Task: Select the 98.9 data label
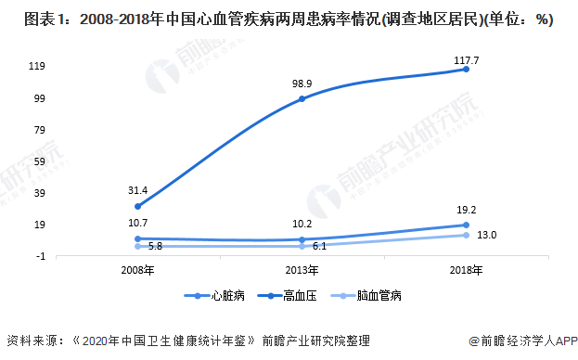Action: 302,84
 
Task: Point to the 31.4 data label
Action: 138,190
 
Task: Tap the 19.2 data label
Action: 466,210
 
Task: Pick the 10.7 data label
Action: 138,224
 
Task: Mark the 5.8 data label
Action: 155,246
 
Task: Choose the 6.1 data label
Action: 319,246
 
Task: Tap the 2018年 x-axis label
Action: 466,270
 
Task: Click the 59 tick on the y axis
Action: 40,161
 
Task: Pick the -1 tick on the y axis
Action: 41,255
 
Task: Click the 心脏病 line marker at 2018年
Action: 466,69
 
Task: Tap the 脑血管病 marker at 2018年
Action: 466,235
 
